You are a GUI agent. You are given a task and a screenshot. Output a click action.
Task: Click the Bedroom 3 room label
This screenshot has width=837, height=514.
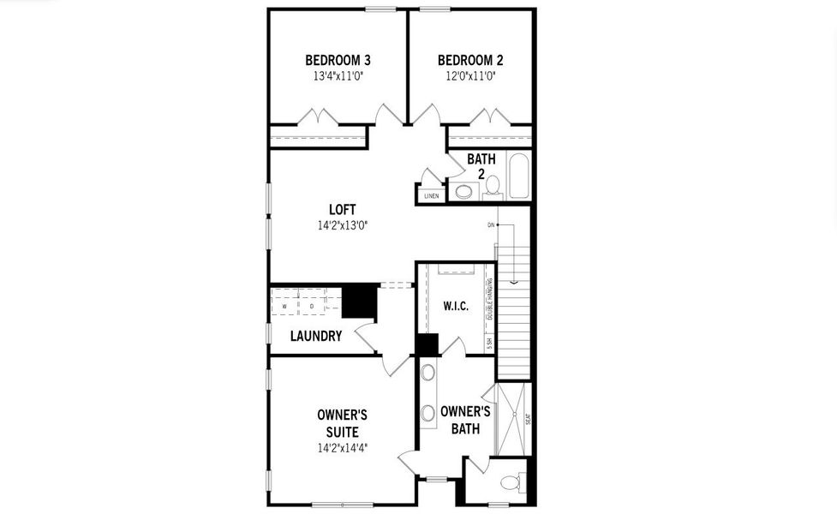(338, 60)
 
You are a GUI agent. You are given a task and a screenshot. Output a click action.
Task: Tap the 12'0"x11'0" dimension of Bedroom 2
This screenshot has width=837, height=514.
(469, 75)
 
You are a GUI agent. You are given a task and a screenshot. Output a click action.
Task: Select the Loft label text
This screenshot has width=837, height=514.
(342, 209)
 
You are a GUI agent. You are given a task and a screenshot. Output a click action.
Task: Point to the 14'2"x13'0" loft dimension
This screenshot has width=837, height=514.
(342, 225)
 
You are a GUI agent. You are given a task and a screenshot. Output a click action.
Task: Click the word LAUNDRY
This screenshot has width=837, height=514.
(316, 336)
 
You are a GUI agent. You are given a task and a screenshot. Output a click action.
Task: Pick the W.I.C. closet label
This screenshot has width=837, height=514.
(455, 307)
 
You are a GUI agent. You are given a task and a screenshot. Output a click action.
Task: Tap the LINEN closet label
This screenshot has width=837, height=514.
(431, 196)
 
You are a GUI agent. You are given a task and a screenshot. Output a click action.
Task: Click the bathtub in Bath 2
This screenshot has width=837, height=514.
(518, 176)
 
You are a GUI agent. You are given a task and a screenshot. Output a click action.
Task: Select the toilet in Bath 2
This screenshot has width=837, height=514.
(493, 187)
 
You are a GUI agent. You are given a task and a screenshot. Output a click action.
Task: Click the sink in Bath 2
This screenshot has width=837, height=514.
(463, 191)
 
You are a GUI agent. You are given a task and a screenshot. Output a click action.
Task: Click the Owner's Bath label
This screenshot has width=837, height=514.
(465, 419)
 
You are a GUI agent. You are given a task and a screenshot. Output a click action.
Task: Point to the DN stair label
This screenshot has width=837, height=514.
(491, 225)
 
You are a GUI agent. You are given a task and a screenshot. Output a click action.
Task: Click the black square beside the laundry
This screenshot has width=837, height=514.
(359, 301)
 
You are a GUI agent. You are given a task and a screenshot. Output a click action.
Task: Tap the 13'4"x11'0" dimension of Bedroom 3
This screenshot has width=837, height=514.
(338, 75)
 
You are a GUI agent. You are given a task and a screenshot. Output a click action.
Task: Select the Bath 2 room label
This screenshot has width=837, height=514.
(481, 166)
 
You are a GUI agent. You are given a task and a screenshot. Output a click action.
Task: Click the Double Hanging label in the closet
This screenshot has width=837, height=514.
(490, 301)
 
